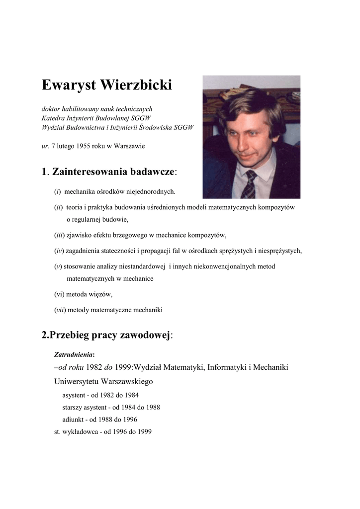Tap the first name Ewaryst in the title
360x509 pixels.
click(x=69, y=85)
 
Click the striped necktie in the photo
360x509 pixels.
click(x=249, y=184)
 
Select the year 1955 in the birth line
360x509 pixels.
click(x=80, y=146)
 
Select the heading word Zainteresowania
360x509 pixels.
click(x=90, y=172)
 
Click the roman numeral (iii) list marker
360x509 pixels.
click(x=60, y=236)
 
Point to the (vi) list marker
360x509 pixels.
click(x=59, y=294)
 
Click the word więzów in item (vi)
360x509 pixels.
click(x=101, y=294)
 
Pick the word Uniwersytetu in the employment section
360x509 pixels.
click(x=76, y=382)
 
